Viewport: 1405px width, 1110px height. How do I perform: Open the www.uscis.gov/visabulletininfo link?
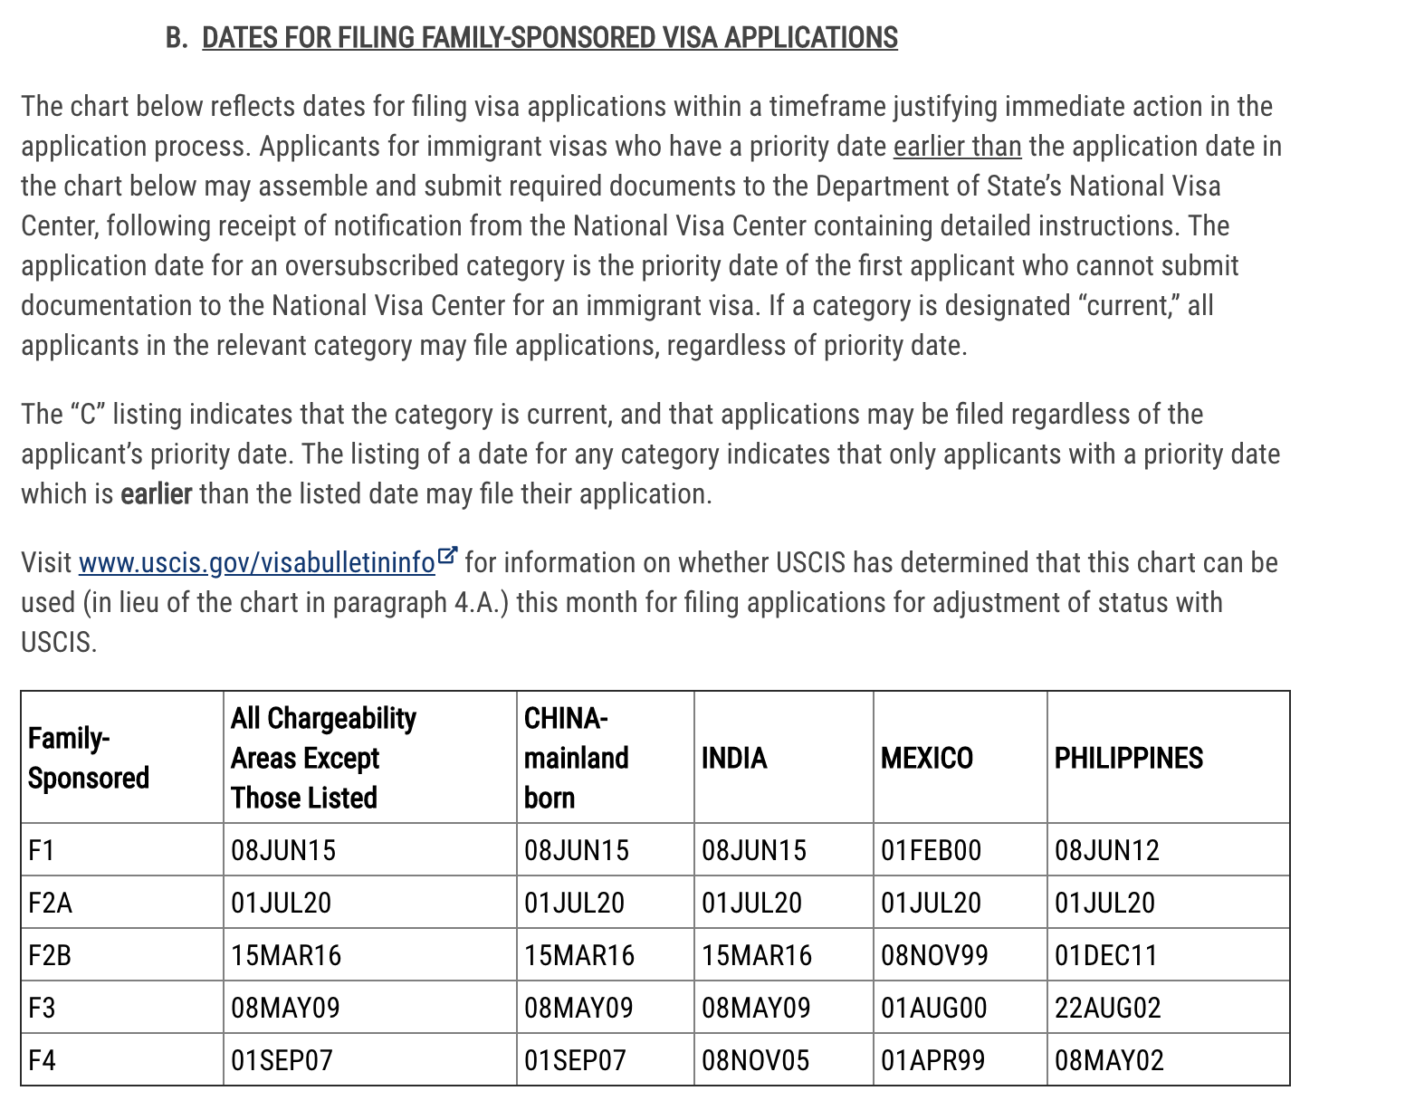pos(256,563)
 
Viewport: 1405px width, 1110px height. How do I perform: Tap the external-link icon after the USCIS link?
pos(447,556)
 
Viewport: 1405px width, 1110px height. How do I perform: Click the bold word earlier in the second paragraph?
pos(156,494)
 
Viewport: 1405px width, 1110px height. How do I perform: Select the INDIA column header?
pos(734,758)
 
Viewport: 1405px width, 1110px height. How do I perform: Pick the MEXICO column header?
pos(926,758)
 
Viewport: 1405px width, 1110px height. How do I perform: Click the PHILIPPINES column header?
pos(1128,758)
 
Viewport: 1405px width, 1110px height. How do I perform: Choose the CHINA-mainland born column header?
pos(576,758)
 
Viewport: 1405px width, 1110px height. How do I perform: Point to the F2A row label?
pos(50,903)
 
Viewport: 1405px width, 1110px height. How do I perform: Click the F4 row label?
pos(42,1060)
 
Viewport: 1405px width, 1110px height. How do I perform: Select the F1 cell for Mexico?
pos(931,850)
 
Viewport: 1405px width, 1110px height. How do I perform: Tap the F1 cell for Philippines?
pos(1106,850)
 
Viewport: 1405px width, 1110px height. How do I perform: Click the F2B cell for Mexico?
pos(934,955)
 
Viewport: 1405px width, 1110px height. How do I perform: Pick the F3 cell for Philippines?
pos(1107,1008)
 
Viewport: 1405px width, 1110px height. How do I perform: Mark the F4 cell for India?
pos(755,1060)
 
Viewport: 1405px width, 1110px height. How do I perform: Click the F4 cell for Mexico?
pos(932,1060)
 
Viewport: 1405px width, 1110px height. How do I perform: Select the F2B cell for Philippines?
pos(1105,955)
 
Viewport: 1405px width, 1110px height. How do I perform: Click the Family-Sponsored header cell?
pos(88,758)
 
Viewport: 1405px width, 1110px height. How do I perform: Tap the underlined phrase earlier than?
pos(957,147)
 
